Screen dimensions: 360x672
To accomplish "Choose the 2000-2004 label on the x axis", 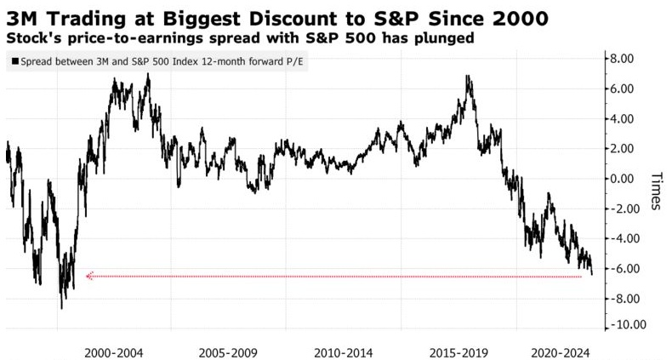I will tap(113, 351).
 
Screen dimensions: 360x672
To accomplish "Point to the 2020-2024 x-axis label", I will tap(559, 351).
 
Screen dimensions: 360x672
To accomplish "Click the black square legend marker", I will tap(14, 61).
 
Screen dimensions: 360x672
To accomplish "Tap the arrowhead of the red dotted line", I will tap(88, 276).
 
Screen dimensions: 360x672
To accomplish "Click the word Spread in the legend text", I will tap(37, 61).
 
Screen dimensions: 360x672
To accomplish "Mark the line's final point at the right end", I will tap(592, 273).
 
